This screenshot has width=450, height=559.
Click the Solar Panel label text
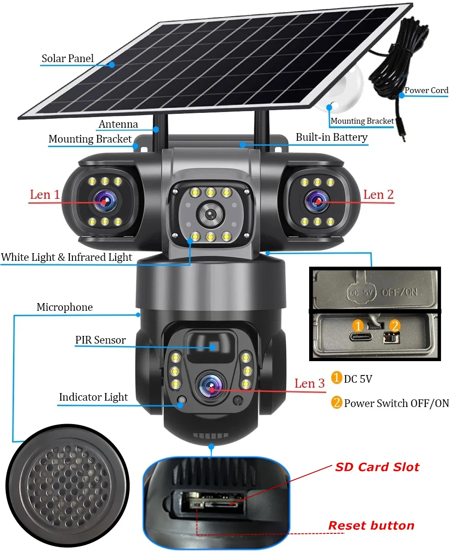(x=67, y=58)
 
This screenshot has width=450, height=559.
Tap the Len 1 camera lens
(x=103, y=201)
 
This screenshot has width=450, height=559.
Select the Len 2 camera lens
(x=317, y=201)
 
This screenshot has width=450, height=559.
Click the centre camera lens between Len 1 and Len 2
(x=210, y=214)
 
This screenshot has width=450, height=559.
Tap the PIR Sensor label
(x=100, y=340)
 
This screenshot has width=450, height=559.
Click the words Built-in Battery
(x=332, y=137)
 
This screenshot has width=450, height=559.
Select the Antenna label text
(x=118, y=124)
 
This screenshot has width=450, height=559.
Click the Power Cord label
(x=426, y=90)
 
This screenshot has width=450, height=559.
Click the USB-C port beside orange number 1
(x=360, y=337)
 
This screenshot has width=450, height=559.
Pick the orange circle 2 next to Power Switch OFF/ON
(x=337, y=402)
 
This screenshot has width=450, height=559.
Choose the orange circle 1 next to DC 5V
(x=337, y=378)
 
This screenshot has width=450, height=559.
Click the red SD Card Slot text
(x=377, y=467)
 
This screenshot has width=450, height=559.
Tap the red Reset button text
(x=371, y=525)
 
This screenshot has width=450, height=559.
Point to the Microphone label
(x=65, y=307)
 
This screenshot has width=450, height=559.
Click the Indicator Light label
(x=93, y=397)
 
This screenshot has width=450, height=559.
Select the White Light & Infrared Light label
(x=67, y=257)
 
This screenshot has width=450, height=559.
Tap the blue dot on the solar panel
(x=112, y=65)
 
